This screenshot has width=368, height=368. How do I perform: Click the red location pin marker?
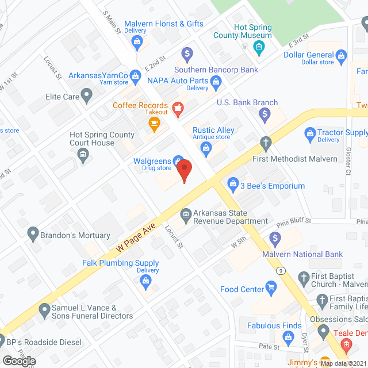(184, 171)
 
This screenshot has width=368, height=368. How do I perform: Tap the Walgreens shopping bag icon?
(179, 162)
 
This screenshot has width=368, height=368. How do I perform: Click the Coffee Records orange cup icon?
(154, 122)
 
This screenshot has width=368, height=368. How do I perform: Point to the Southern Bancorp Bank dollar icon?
(186, 55)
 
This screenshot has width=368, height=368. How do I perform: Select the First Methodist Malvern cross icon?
(266, 141)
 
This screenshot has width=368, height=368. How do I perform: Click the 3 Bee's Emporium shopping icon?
(233, 184)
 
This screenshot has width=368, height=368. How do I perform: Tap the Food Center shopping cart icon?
(272, 289)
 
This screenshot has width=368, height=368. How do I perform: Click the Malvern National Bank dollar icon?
(275, 238)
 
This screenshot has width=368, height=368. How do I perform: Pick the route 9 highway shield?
(280, 270)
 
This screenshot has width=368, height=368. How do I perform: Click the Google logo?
(18, 361)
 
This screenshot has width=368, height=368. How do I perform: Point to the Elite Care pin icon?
(87, 95)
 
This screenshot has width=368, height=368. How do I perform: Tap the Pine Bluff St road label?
(293, 221)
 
